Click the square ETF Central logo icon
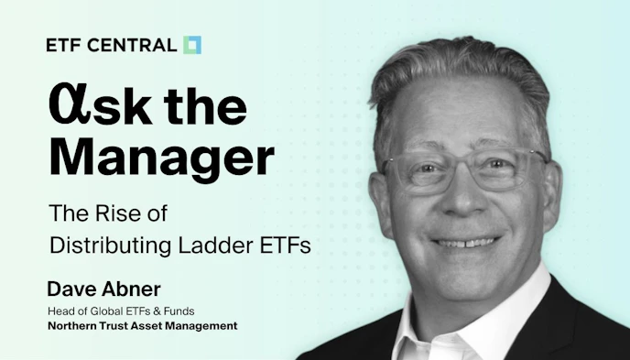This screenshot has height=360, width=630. (191, 45)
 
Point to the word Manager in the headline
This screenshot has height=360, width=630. (160, 158)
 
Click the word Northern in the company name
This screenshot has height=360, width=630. (71, 325)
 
